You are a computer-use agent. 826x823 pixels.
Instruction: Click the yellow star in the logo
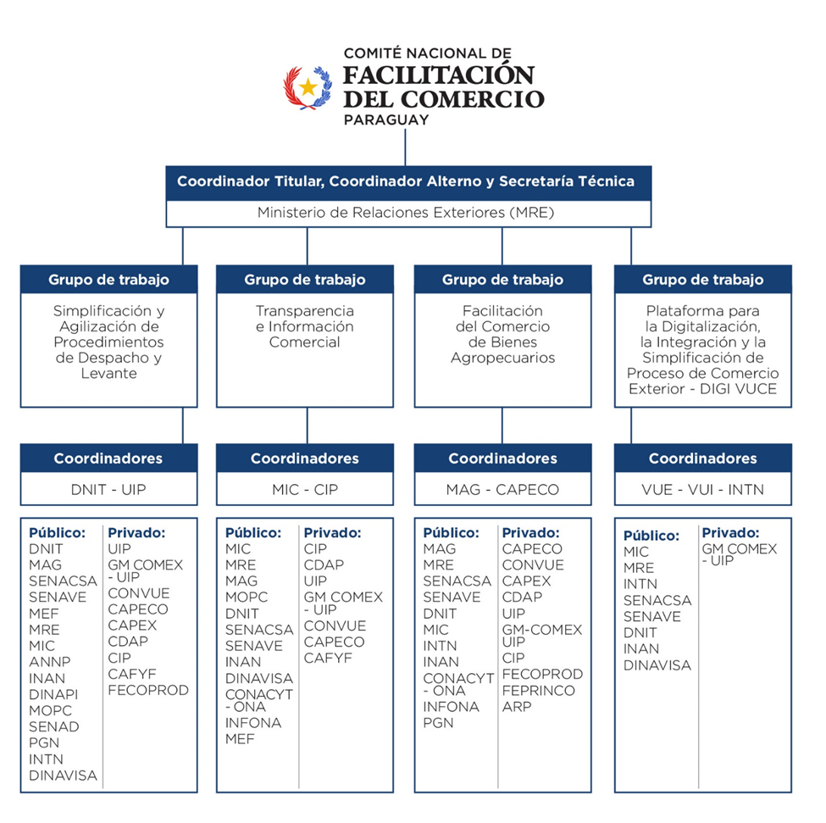(308, 87)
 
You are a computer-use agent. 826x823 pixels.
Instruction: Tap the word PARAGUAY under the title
(386, 120)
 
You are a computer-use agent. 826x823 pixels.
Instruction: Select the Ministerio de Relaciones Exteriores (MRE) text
(406, 213)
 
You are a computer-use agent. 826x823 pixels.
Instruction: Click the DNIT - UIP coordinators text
(108, 490)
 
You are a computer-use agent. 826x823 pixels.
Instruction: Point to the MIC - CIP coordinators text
(305, 490)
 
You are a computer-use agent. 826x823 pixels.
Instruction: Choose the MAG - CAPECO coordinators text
(502, 490)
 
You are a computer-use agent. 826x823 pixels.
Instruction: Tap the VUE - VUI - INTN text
(702, 490)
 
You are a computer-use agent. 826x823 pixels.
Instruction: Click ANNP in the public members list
(49, 662)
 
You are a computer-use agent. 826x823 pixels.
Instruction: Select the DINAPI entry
(53, 694)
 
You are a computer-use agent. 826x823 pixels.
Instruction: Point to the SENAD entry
(53, 726)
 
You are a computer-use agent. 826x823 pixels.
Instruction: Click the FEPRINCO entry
(538, 690)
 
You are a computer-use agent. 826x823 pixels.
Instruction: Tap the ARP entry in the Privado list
(517, 707)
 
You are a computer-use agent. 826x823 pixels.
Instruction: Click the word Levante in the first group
(109, 373)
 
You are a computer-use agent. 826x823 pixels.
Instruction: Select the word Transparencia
(305, 311)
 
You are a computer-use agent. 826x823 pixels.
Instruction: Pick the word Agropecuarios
(502, 358)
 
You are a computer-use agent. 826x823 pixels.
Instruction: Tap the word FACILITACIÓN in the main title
(439, 75)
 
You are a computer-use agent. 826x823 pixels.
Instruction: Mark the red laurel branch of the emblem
(293, 87)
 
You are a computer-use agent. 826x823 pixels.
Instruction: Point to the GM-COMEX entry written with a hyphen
(542, 630)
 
